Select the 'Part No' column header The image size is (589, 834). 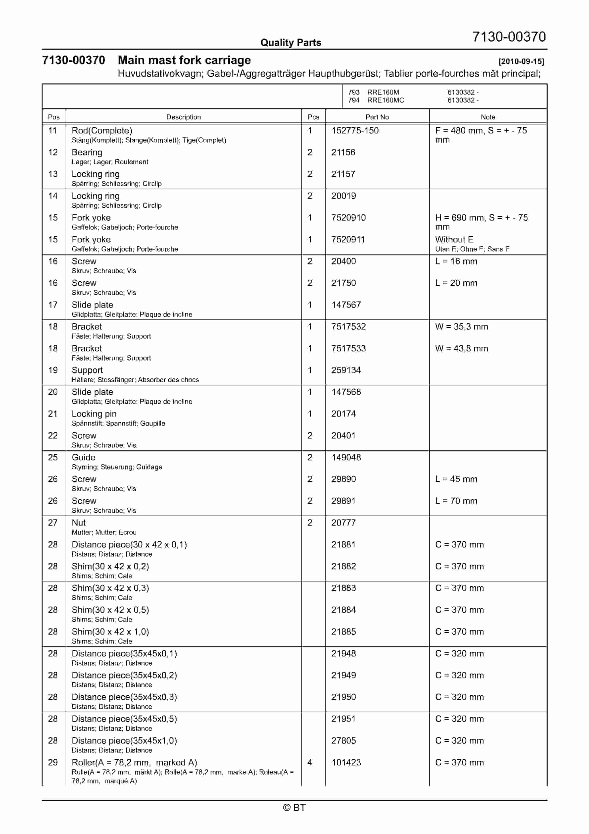[x=377, y=117]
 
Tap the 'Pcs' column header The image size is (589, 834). [x=313, y=117]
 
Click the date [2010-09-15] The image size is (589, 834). [x=521, y=61]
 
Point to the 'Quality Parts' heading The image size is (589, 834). [x=291, y=43]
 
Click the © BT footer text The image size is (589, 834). [x=294, y=808]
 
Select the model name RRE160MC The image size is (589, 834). [x=385, y=100]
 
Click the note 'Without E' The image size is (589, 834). [x=454, y=239]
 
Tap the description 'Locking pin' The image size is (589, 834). [x=94, y=414]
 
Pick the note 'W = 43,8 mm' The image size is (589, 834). [x=461, y=348]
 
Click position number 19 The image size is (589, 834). [x=53, y=370]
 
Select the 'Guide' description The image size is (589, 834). [x=83, y=457]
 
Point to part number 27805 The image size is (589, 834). [x=343, y=741]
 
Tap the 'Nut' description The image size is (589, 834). [x=78, y=523]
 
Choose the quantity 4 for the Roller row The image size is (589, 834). [x=310, y=762]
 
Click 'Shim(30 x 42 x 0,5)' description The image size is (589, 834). [x=110, y=610]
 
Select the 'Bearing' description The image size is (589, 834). [x=87, y=152]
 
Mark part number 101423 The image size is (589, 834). [x=346, y=762]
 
